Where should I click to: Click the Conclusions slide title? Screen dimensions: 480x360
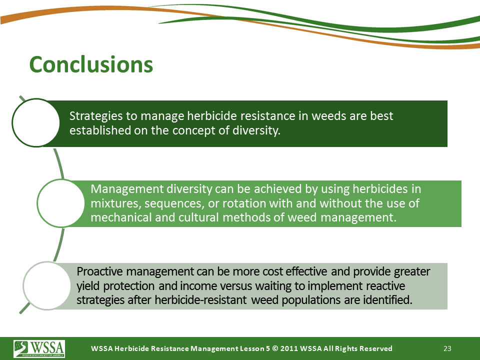point(91,64)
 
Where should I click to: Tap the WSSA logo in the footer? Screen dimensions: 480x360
point(39,348)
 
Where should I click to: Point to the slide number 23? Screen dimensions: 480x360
point(447,348)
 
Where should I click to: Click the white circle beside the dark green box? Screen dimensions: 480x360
point(36,122)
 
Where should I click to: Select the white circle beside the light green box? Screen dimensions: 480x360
point(61,203)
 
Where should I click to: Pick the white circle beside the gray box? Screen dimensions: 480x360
point(47,285)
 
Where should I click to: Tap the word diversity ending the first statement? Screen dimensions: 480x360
point(255,130)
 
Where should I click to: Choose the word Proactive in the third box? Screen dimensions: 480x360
point(100,271)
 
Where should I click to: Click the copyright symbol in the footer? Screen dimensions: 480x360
point(275,348)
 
